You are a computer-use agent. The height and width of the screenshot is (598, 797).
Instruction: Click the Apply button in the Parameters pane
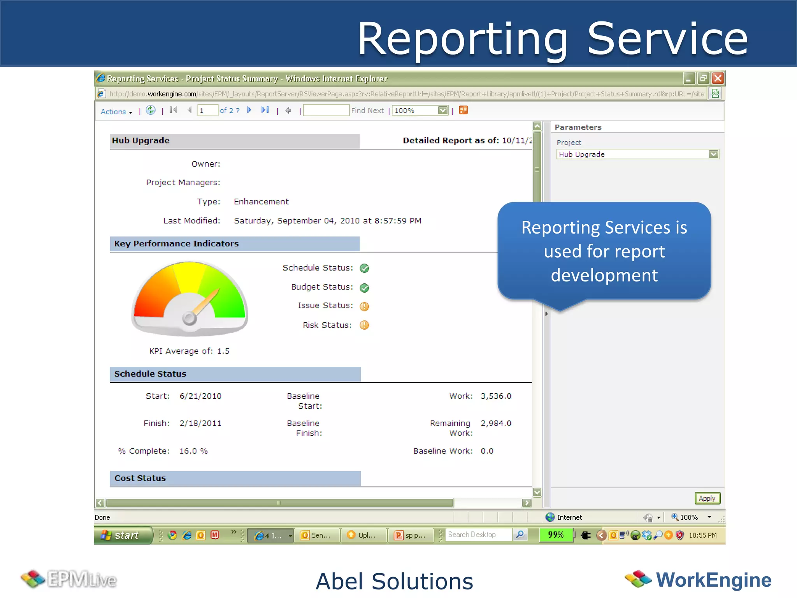click(x=707, y=498)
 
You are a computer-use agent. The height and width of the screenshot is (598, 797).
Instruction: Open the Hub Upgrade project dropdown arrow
click(x=713, y=154)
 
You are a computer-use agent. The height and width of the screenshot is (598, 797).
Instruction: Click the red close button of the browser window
click(x=718, y=79)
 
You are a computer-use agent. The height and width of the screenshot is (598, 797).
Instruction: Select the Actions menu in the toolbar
click(x=116, y=112)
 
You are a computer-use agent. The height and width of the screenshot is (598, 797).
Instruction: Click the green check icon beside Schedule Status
click(x=364, y=268)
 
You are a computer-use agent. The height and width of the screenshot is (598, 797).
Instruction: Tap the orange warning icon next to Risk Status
click(x=364, y=325)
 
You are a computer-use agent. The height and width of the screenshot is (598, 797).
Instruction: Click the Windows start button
click(x=123, y=535)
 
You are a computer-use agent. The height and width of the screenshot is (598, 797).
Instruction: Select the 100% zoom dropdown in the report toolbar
click(x=420, y=111)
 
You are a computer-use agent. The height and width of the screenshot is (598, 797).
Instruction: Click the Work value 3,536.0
click(x=496, y=396)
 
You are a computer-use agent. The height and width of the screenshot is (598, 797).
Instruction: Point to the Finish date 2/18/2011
click(x=200, y=423)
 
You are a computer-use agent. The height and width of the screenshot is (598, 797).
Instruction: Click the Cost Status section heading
click(x=140, y=478)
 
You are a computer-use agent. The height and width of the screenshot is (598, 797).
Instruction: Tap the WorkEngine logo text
click(x=713, y=580)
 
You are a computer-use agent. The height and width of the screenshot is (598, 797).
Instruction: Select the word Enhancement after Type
click(x=261, y=202)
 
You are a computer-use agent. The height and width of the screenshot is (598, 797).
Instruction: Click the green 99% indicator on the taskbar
click(x=556, y=535)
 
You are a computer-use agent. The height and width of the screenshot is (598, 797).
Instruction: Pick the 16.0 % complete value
click(x=193, y=451)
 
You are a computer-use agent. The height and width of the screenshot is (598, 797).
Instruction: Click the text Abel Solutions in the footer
click(x=394, y=581)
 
